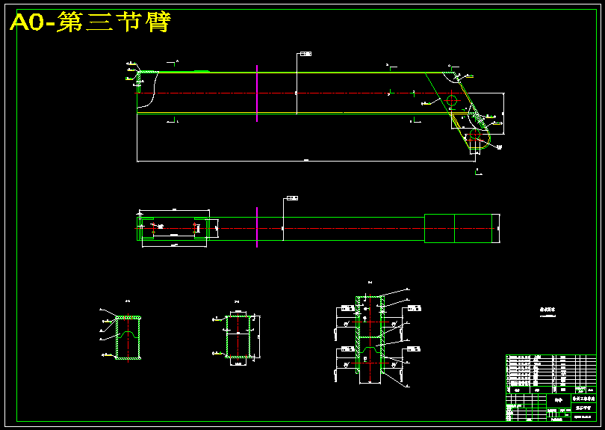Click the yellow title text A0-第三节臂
90,22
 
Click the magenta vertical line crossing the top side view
256,93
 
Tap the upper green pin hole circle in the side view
451,101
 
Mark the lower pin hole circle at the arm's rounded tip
475,135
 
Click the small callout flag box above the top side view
305,54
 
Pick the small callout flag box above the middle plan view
292,198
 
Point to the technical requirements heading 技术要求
550,308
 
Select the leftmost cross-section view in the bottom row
128,338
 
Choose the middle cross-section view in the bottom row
238,337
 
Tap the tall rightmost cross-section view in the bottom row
370,340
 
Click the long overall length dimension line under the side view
306,161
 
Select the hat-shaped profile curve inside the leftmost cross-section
128,334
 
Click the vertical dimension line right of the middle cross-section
261,337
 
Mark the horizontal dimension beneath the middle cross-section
238,364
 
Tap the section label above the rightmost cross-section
370,282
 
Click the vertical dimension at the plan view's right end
498,222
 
